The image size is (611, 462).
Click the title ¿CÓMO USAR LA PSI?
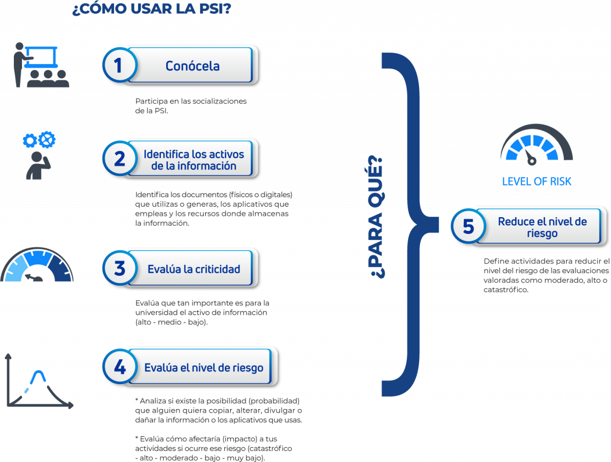click(x=152, y=9)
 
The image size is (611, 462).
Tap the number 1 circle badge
click(x=120, y=65)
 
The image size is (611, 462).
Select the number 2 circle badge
click(x=120, y=158)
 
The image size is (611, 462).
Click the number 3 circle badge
click(x=120, y=268)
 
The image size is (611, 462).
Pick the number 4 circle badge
click(x=120, y=367)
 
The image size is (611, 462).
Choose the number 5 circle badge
click(x=468, y=226)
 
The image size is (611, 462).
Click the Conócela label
click(x=193, y=66)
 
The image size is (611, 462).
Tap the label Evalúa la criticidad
click(x=194, y=269)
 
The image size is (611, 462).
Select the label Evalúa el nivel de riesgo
click(x=204, y=367)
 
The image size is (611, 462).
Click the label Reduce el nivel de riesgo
click(x=542, y=227)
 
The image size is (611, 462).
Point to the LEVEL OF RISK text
click(x=537, y=181)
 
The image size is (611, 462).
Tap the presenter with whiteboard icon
click(x=41, y=65)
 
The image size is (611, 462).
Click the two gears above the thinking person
click(x=39, y=140)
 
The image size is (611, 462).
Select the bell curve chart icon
click(x=40, y=381)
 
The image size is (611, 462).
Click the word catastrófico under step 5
click(x=506, y=290)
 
